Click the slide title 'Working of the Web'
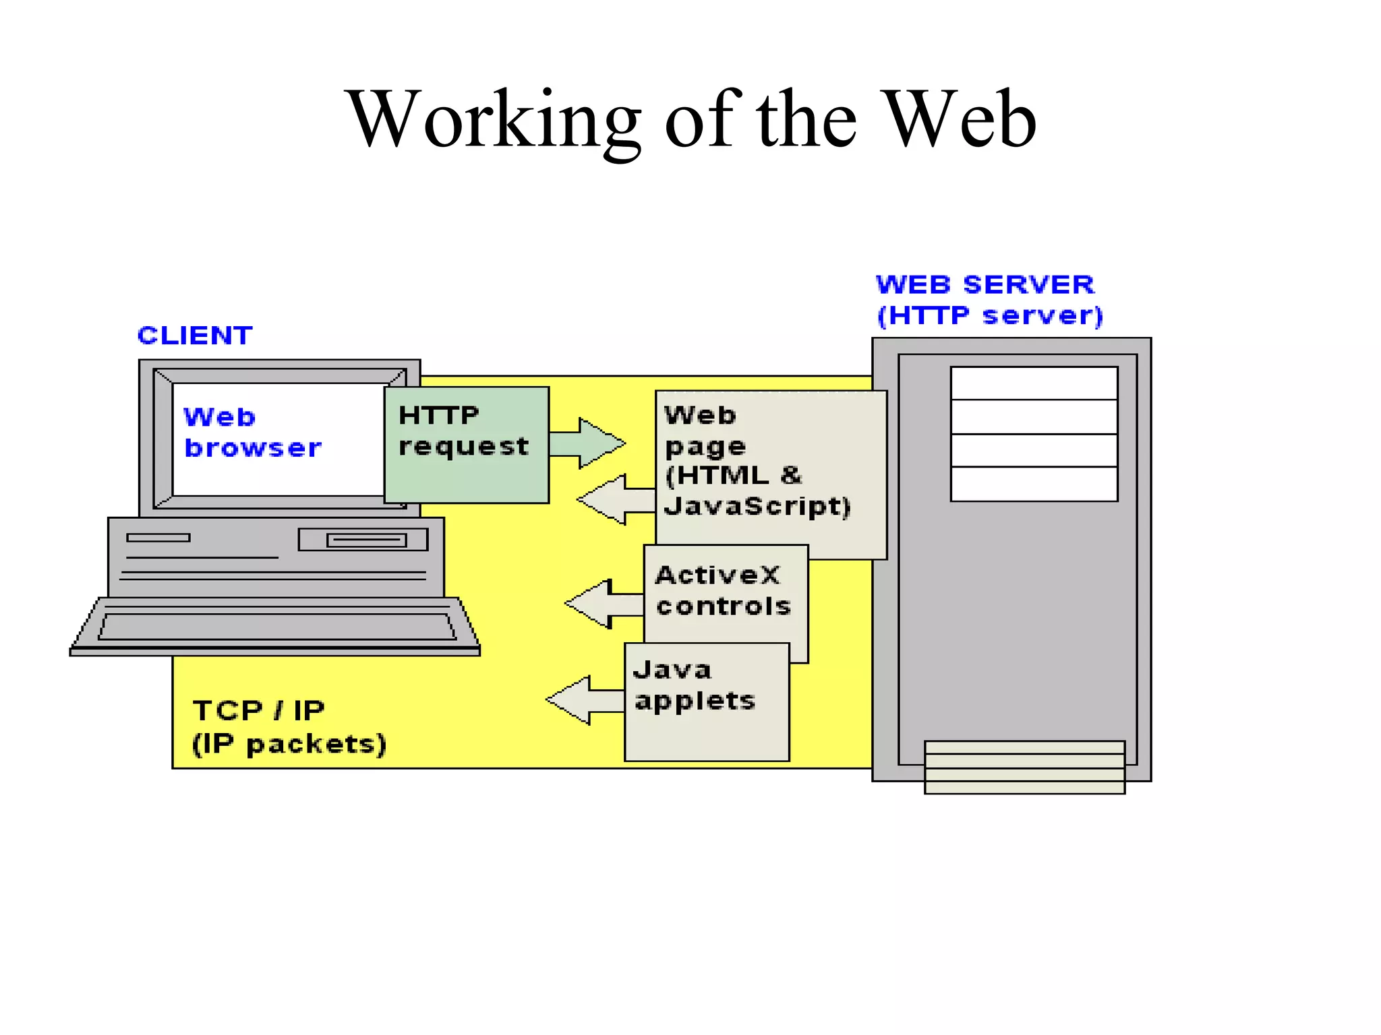point(690,119)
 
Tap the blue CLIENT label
point(195,335)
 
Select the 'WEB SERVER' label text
point(985,284)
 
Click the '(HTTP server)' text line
point(990,315)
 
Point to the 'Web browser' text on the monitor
point(252,433)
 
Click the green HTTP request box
point(467,445)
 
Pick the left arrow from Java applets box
point(584,700)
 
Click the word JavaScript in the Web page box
point(757,506)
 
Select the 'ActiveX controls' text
point(722,590)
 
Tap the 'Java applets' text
point(694,685)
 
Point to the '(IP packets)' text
point(289,744)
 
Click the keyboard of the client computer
point(276,626)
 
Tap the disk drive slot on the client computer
point(366,540)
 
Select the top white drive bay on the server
point(1034,383)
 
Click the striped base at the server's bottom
point(1024,767)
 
